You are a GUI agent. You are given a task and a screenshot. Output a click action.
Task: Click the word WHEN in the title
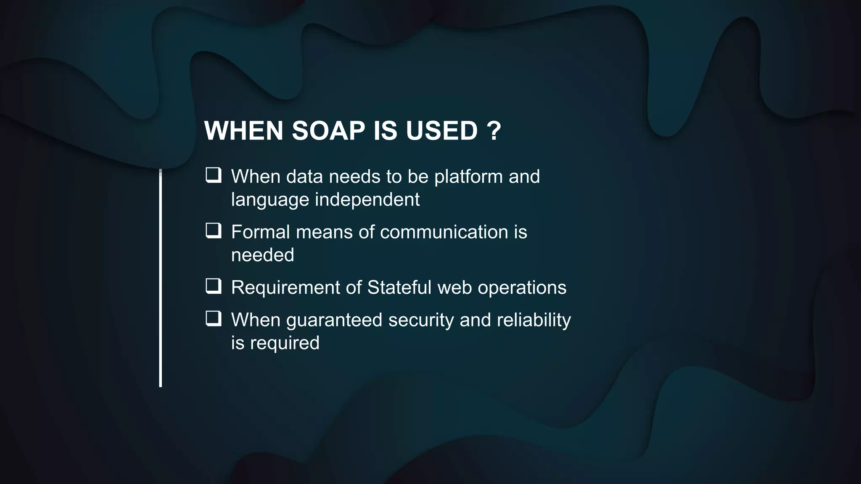[244, 131]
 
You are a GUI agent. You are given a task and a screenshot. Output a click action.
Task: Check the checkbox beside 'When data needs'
[213, 175]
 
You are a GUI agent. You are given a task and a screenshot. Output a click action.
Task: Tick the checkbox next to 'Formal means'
[213, 230]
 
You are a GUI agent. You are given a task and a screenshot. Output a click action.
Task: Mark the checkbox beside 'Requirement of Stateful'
[213, 286]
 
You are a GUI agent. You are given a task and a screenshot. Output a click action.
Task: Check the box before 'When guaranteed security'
[213, 318]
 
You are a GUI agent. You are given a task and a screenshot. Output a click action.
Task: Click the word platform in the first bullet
[468, 177]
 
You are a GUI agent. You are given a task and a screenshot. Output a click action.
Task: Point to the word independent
[367, 200]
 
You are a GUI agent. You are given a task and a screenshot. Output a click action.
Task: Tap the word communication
[444, 232]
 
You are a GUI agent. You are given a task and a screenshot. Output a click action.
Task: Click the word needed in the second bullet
[262, 255]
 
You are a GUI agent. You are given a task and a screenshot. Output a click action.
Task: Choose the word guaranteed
[334, 321]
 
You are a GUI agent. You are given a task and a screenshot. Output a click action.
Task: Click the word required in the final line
[285, 343]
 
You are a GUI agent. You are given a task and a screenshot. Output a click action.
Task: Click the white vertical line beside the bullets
[161, 277]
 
